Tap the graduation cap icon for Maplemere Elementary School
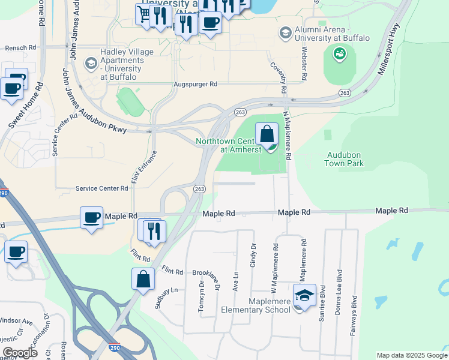[304, 295]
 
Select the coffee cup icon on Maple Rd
[92, 217]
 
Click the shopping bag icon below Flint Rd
[143, 279]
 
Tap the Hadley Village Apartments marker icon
[91, 62]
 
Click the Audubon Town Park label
[345, 158]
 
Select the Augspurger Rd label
[196, 85]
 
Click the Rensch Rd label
[20, 47]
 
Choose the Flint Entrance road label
[136, 168]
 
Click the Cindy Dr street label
[253, 254]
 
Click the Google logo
[19, 352]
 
